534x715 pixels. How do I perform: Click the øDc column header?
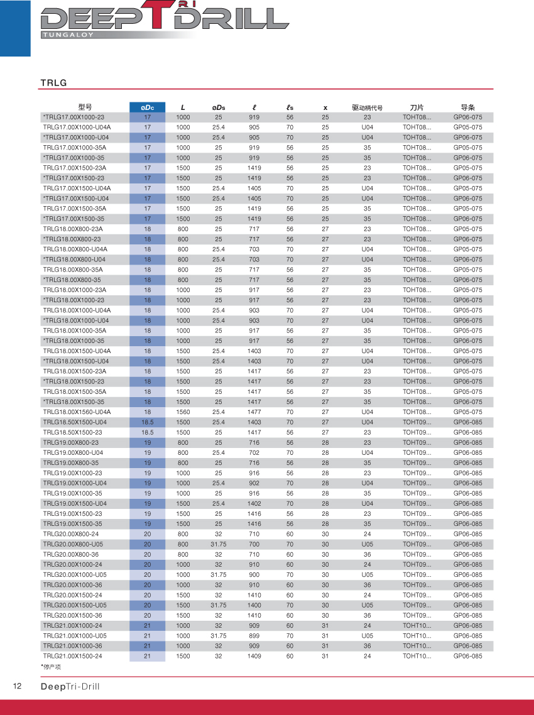(148, 107)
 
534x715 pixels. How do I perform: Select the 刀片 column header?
(417, 107)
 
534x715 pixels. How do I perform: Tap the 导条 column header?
(468, 107)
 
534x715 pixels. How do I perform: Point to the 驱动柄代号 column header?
(367, 107)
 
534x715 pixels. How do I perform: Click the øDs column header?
(219, 107)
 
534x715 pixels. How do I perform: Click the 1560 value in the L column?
(183, 412)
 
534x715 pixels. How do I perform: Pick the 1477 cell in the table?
(254, 412)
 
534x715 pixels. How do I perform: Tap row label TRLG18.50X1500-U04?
(75, 422)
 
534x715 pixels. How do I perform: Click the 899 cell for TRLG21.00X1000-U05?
(254, 636)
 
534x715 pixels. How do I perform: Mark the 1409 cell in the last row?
(254, 656)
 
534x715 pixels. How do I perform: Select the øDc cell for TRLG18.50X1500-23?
(148, 432)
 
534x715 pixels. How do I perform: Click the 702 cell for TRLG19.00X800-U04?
(254, 452)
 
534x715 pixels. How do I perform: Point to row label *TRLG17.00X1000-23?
(74, 117)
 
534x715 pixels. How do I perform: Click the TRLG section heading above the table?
(54, 83)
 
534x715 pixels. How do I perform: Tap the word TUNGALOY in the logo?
(67, 35)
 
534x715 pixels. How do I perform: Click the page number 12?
(18, 686)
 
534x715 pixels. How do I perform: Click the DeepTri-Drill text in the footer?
(70, 687)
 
